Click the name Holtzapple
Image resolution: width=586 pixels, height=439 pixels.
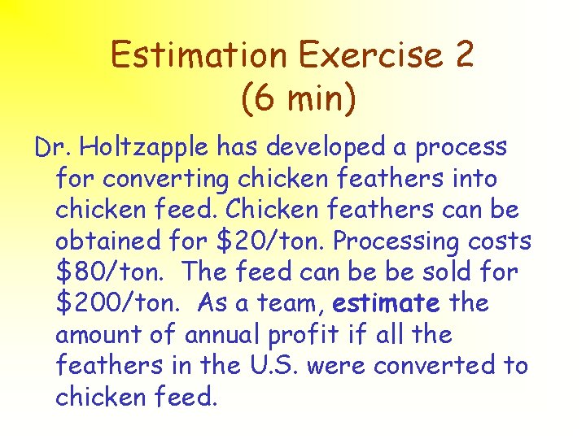pos(143,148)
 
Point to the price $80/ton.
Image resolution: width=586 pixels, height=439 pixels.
pos(110,272)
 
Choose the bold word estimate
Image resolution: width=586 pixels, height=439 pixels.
pos(387,303)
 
